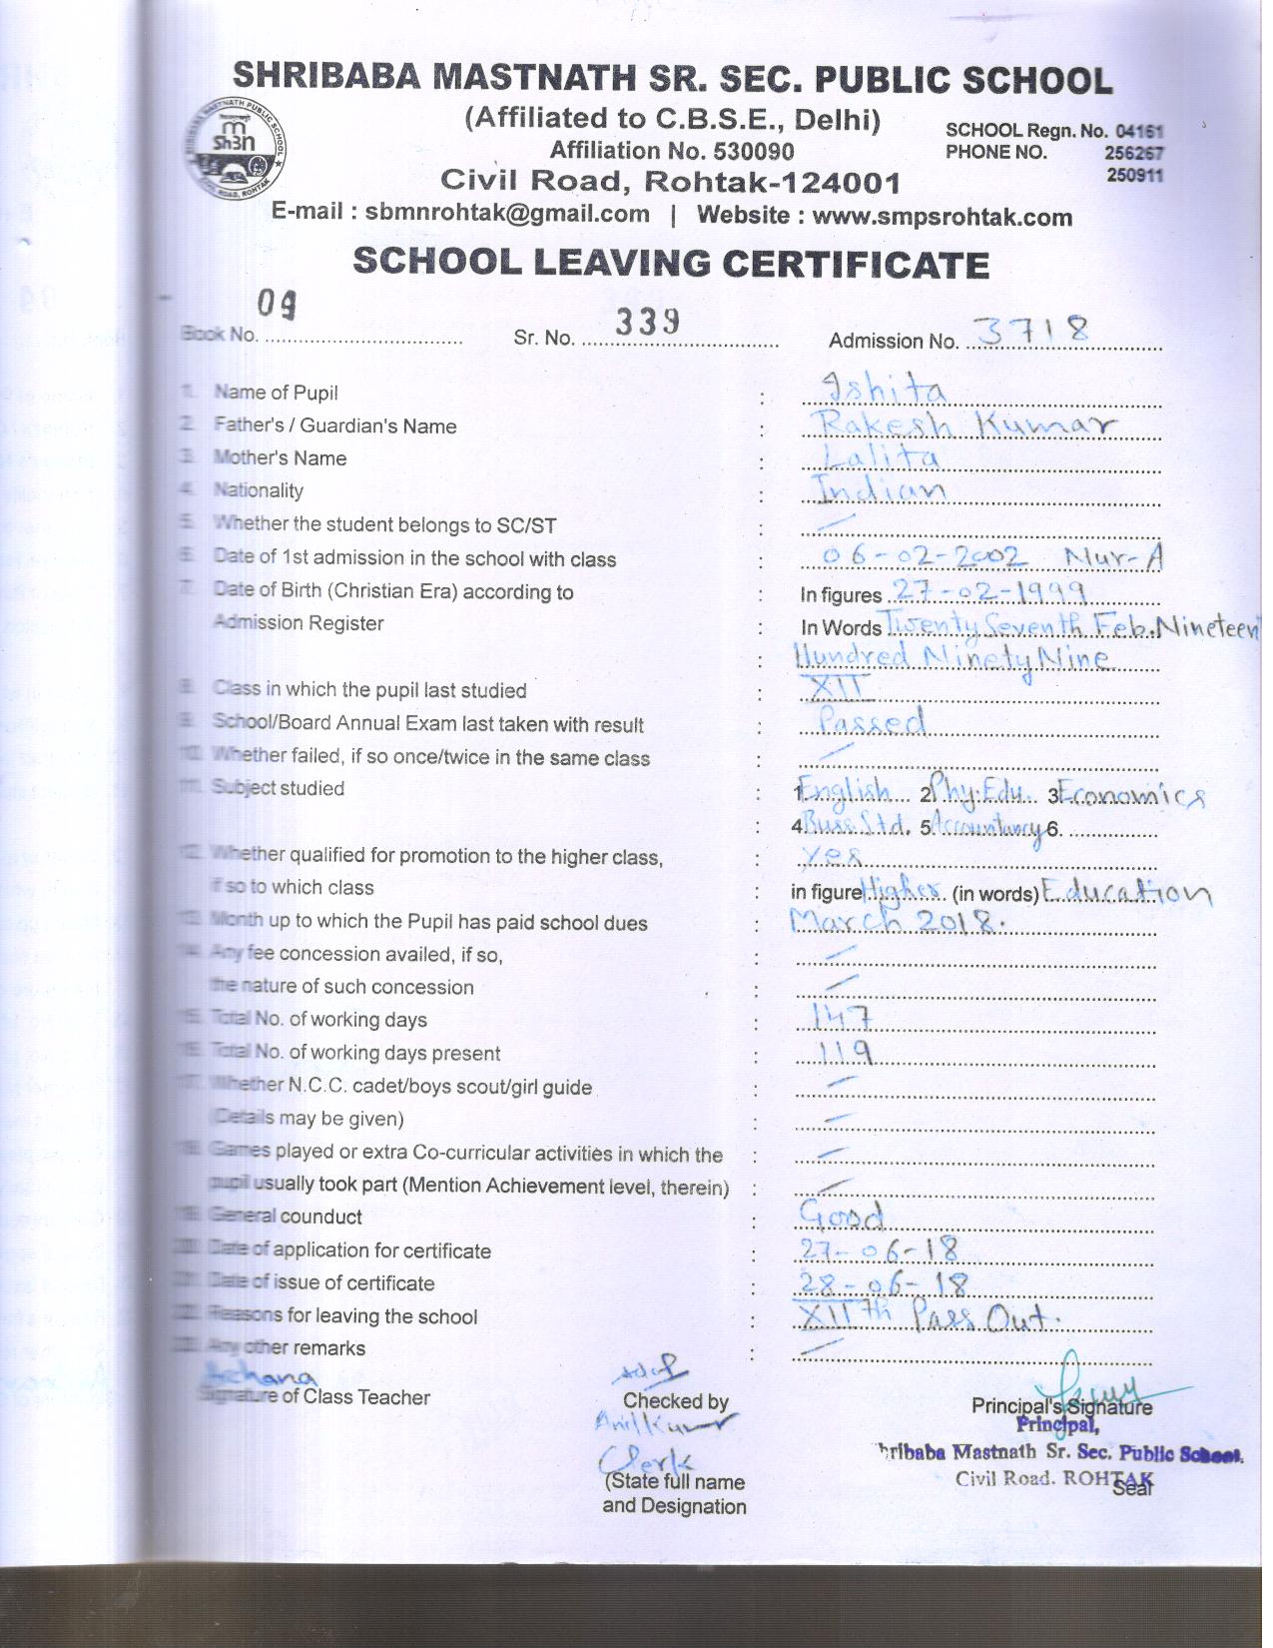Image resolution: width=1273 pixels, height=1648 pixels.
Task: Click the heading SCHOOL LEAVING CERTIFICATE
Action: coord(671,263)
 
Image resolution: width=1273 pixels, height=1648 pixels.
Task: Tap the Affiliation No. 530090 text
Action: coord(672,151)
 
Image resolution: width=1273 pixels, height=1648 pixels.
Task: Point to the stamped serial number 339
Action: coord(648,322)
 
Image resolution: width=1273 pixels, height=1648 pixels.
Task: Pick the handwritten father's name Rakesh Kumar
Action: coord(964,424)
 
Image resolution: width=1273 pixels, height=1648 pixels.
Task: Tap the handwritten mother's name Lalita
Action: coord(880,457)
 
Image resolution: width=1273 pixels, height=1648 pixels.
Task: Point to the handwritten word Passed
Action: coord(872,721)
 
